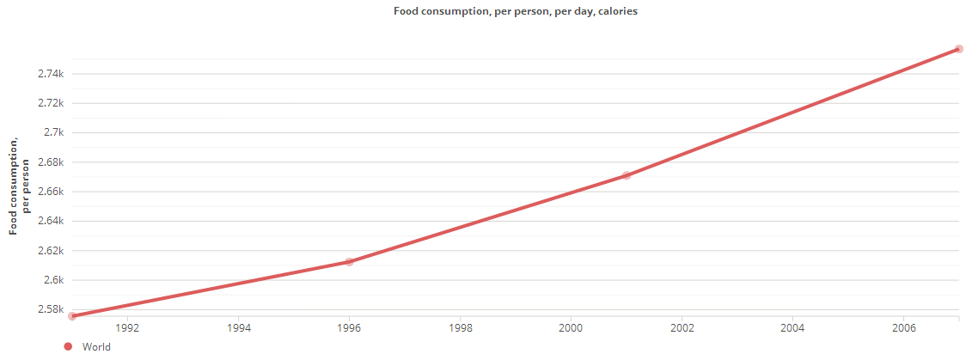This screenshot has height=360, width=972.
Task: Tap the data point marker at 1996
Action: coord(349,261)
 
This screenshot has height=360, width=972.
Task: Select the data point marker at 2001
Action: coord(627,175)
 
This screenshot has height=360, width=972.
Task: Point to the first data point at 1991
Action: coord(72,316)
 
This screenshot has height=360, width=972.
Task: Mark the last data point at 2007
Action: coord(959,49)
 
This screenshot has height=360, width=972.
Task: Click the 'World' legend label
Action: coord(96,347)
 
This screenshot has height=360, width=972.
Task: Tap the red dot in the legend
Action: coord(68,347)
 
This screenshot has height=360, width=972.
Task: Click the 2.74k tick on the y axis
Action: coord(51,74)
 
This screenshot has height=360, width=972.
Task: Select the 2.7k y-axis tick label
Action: coord(53,132)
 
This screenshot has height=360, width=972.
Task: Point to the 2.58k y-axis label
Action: coord(51,309)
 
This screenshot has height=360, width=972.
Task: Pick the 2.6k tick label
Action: coord(53,280)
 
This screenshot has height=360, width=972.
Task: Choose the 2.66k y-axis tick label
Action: coord(51,192)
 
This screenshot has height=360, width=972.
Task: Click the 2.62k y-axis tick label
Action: coord(51,251)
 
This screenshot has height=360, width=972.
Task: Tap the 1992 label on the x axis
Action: coord(127,327)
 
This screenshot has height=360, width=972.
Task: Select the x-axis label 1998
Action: coord(460,327)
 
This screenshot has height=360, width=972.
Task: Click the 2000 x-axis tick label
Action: coord(571,327)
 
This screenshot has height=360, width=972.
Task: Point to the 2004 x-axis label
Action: coord(792,327)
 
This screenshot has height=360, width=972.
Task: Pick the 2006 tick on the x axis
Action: coord(903,327)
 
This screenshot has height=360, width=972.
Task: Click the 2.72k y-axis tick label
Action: coord(51,103)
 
